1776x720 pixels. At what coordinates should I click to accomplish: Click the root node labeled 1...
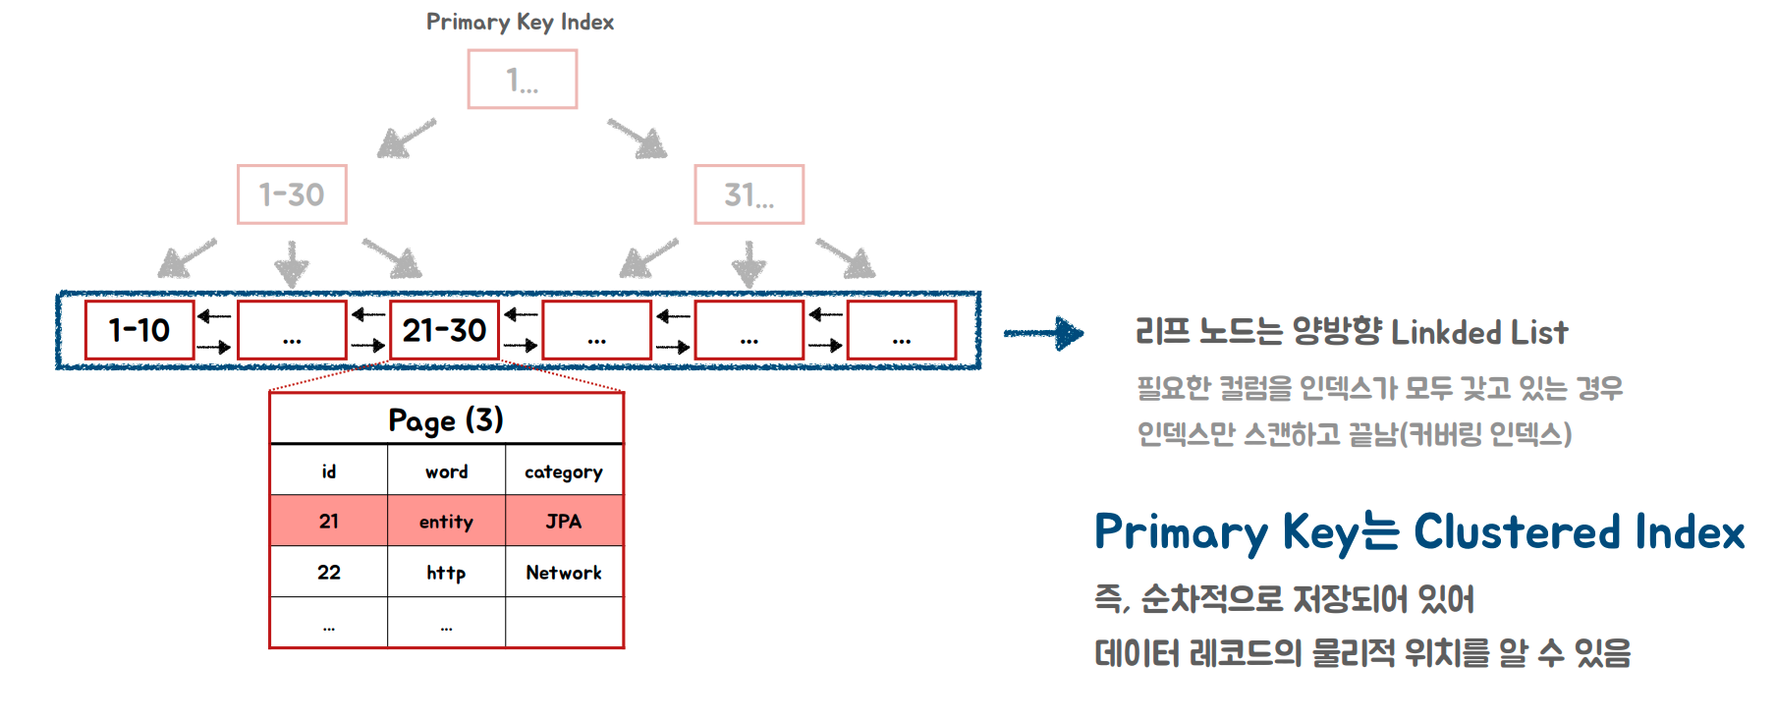522,80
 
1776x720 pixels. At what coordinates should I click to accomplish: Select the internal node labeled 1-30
292,194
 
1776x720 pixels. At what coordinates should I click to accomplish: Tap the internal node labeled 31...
749,194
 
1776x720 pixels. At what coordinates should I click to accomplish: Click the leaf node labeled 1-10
139,330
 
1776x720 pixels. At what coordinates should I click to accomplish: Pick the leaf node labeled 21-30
444,330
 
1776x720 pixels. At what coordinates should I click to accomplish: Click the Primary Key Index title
520,22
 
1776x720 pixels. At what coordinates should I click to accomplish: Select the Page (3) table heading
446,420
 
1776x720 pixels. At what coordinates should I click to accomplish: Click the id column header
329,471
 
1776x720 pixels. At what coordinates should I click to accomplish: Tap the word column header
446,471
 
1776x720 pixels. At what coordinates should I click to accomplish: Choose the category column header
564,471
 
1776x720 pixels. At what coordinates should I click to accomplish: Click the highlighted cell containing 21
329,522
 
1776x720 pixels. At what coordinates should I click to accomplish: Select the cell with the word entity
446,522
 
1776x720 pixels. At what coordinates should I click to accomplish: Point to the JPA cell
564,522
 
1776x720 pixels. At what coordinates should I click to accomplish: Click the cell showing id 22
329,573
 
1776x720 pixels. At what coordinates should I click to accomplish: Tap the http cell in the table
446,573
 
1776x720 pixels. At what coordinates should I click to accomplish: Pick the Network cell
564,573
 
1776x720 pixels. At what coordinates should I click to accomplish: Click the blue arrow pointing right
1043,333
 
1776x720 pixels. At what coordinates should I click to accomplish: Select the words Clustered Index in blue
1579,532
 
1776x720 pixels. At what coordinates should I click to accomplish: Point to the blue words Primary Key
1227,532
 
